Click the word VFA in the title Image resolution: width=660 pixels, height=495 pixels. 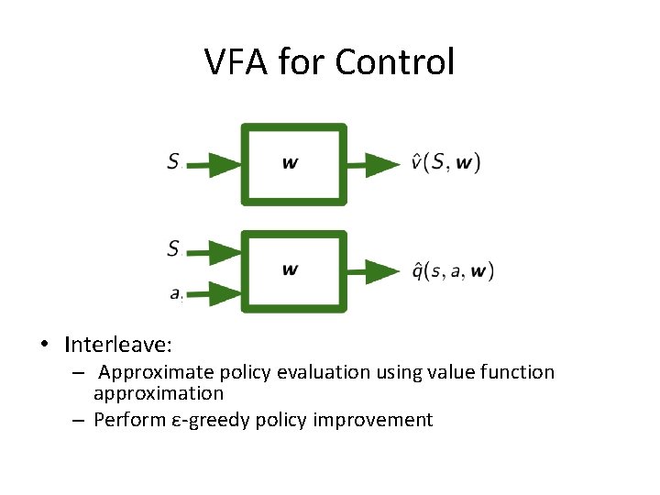(236, 62)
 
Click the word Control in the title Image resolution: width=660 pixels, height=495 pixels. (394, 62)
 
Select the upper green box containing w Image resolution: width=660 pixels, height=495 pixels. (293, 164)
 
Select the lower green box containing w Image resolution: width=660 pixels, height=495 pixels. (293, 270)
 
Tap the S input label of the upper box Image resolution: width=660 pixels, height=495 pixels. (173, 162)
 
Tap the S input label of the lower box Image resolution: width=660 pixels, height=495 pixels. (173, 247)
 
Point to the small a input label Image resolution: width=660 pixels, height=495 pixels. (175, 293)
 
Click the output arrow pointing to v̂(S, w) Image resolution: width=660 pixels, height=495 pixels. (376, 165)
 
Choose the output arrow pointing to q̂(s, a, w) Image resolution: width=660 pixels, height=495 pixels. (376, 271)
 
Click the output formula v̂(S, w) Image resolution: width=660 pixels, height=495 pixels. (445, 163)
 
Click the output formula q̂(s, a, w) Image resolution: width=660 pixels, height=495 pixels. (452, 271)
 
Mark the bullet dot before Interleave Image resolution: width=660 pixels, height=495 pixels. (44, 346)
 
